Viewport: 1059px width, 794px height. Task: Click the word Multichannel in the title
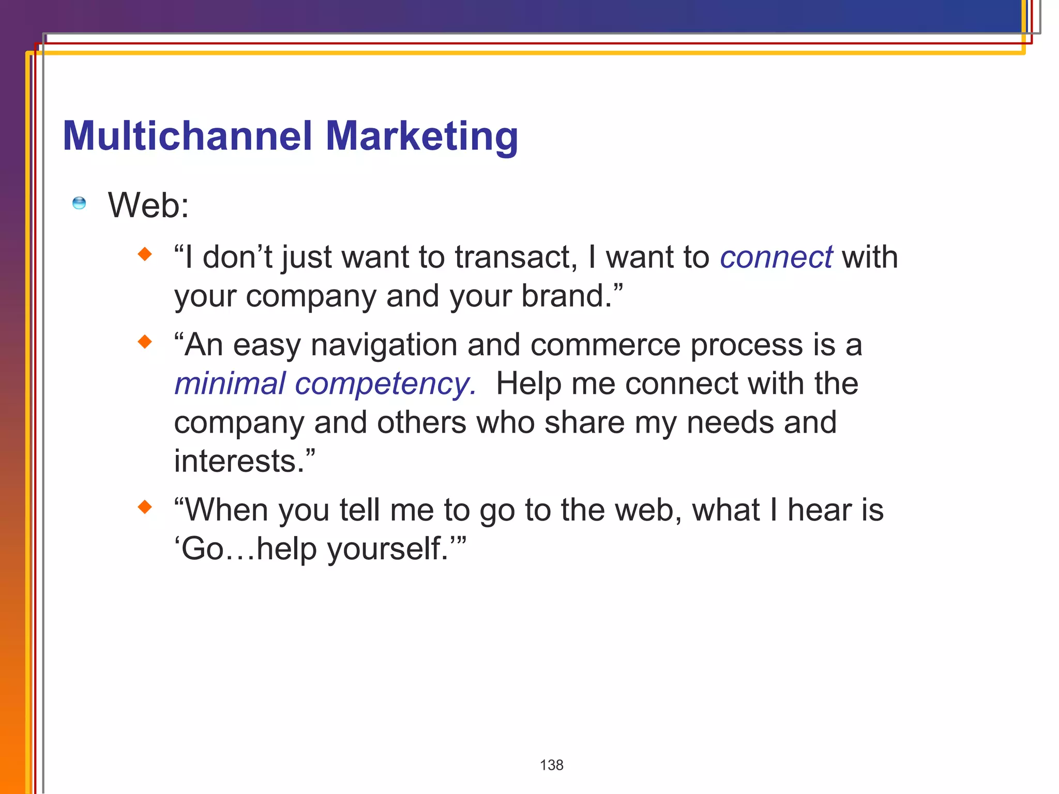(x=187, y=136)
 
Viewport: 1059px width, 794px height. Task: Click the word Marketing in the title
(x=421, y=136)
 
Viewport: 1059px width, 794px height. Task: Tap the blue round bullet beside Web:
(x=79, y=203)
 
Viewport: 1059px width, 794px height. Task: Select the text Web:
(x=148, y=205)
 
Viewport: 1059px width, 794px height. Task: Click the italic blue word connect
(x=776, y=257)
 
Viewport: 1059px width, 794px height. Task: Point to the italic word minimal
(x=230, y=384)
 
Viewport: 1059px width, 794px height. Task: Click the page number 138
(x=551, y=765)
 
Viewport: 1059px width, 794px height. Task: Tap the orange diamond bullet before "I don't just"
(x=145, y=254)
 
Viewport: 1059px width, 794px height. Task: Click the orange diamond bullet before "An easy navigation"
(x=145, y=342)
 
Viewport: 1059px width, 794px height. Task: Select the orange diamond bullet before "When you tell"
(x=145, y=507)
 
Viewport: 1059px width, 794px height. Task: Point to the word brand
(x=566, y=296)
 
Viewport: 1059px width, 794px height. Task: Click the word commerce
(x=605, y=345)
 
